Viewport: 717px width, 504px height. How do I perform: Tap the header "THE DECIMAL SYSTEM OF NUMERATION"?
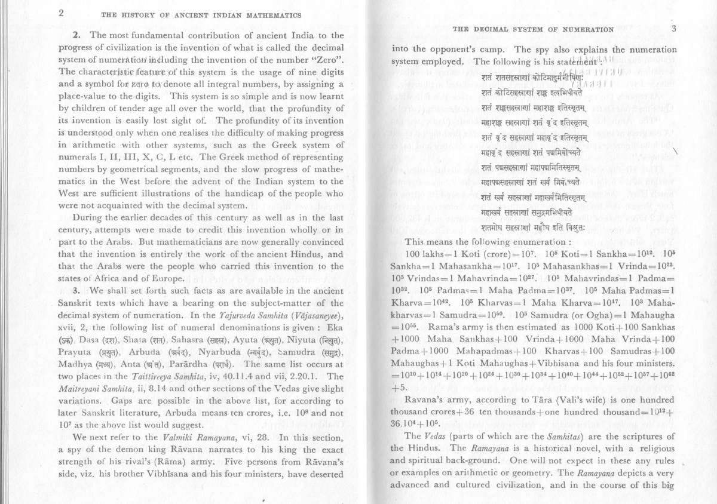[534, 29]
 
